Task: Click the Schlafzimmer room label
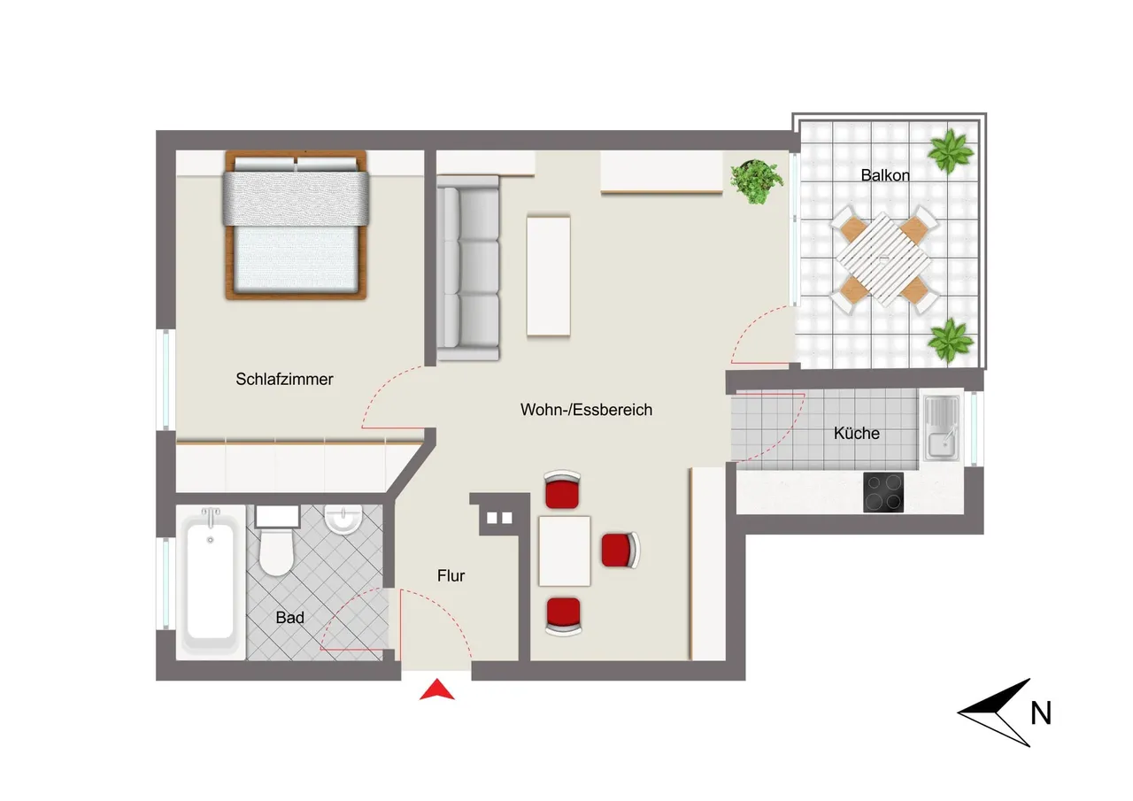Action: (284, 380)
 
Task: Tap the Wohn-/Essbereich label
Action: (586, 410)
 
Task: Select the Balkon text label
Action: (885, 175)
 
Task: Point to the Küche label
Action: (856, 434)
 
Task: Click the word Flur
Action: (451, 575)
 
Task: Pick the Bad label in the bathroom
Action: (289, 618)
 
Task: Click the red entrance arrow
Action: (437, 689)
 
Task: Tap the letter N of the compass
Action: (1041, 713)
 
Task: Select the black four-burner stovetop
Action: (883, 492)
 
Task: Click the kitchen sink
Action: (941, 428)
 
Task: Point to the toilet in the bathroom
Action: (277, 540)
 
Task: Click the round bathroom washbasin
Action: (343, 519)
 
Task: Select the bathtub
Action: (211, 581)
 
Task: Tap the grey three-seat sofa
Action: (468, 268)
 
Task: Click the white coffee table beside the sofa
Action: (548, 276)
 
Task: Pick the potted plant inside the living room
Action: (756, 181)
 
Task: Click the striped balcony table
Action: (883, 259)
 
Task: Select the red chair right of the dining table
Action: (620, 550)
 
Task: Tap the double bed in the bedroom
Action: (296, 225)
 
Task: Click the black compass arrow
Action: (994, 712)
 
